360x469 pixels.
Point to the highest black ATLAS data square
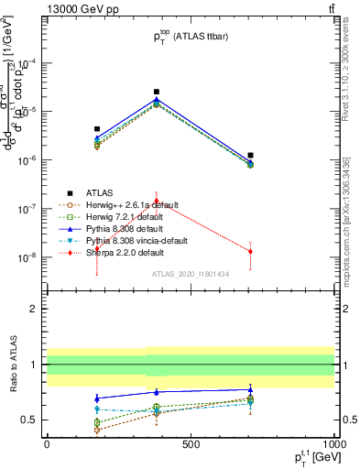tap(157, 92)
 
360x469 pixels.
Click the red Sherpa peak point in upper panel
tap(157, 201)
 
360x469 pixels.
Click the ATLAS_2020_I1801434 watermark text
tap(190, 274)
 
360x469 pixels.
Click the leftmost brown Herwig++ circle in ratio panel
tap(97, 429)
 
